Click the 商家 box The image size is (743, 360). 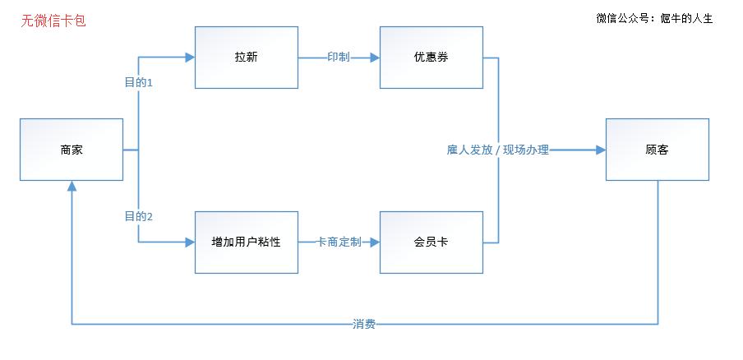tap(72, 150)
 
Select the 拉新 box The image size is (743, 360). tap(246, 58)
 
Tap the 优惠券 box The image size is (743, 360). tap(431, 58)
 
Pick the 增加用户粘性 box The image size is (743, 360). tap(246, 242)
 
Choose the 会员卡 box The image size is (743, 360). tap(431, 242)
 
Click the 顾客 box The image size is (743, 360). tap(657, 150)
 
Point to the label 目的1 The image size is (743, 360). tap(139, 83)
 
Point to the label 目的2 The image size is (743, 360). tap(139, 216)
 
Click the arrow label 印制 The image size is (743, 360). tap(339, 58)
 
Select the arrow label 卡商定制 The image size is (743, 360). tap(339, 242)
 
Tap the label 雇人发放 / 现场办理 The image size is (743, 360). tap(498, 150)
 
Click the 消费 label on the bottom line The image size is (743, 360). tap(364, 324)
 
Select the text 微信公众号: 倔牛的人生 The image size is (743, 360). tap(654, 18)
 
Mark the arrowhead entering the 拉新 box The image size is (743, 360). tap(190, 58)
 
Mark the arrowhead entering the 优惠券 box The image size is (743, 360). tap(375, 58)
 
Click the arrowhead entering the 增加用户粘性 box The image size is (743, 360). tap(190, 242)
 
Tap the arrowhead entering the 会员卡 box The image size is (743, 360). tap(375, 242)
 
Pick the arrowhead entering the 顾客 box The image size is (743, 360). tap(601, 150)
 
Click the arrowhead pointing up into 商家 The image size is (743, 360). tap(72, 187)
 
